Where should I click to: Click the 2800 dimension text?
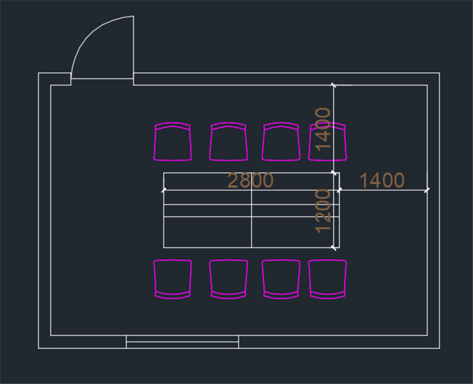pos(250,180)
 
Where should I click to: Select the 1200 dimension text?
pos(323,211)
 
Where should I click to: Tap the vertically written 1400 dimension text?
pos(323,129)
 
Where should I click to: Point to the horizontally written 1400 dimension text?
pos(382,180)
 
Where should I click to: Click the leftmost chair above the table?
pos(173,141)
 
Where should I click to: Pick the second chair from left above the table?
pos(229,141)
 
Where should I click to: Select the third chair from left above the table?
pos(281,141)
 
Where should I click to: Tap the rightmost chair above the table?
pos(328,141)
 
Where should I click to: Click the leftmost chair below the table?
pos(173,279)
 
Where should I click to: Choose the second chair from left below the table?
pos(229,279)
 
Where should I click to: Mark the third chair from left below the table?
pos(281,279)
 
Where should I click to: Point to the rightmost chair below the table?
pos(328,279)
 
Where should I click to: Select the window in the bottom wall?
pos(182,342)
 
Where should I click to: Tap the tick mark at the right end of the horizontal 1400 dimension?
pos(427,190)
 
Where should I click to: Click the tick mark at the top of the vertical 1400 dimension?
pos(333,85)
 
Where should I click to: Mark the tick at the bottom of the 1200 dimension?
pos(333,248)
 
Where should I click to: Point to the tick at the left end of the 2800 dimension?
pos(164,190)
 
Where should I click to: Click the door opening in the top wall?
pos(102,79)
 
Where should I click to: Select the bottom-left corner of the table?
pos(164,248)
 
